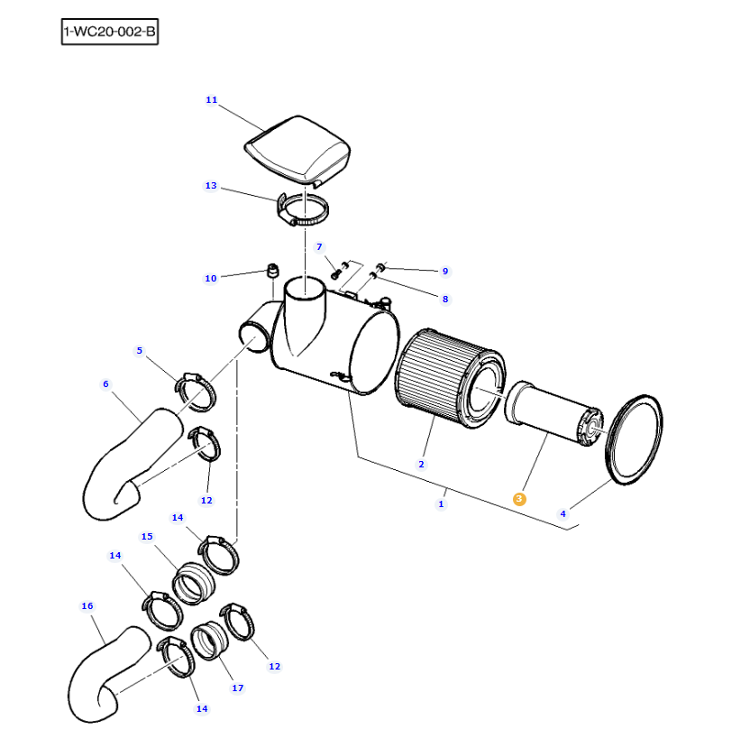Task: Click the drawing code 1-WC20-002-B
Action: pyautogui.click(x=109, y=33)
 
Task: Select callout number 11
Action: pyautogui.click(x=211, y=100)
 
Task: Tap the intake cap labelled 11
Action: pyautogui.click(x=297, y=148)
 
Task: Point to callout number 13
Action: pyautogui.click(x=211, y=186)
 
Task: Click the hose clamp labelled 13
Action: pyautogui.click(x=303, y=211)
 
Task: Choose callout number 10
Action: pyautogui.click(x=211, y=278)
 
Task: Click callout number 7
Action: pyautogui.click(x=318, y=246)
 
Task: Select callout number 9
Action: pyautogui.click(x=444, y=271)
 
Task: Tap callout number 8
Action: pyautogui.click(x=444, y=299)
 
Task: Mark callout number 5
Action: pyautogui.click(x=139, y=350)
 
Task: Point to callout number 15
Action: pyautogui.click(x=147, y=536)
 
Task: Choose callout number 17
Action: pyautogui.click(x=237, y=688)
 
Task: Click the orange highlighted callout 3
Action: pyautogui.click(x=518, y=498)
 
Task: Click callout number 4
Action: pyautogui.click(x=563, y=513)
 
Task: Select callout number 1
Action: pyautogui.click(x=441, y=503)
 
